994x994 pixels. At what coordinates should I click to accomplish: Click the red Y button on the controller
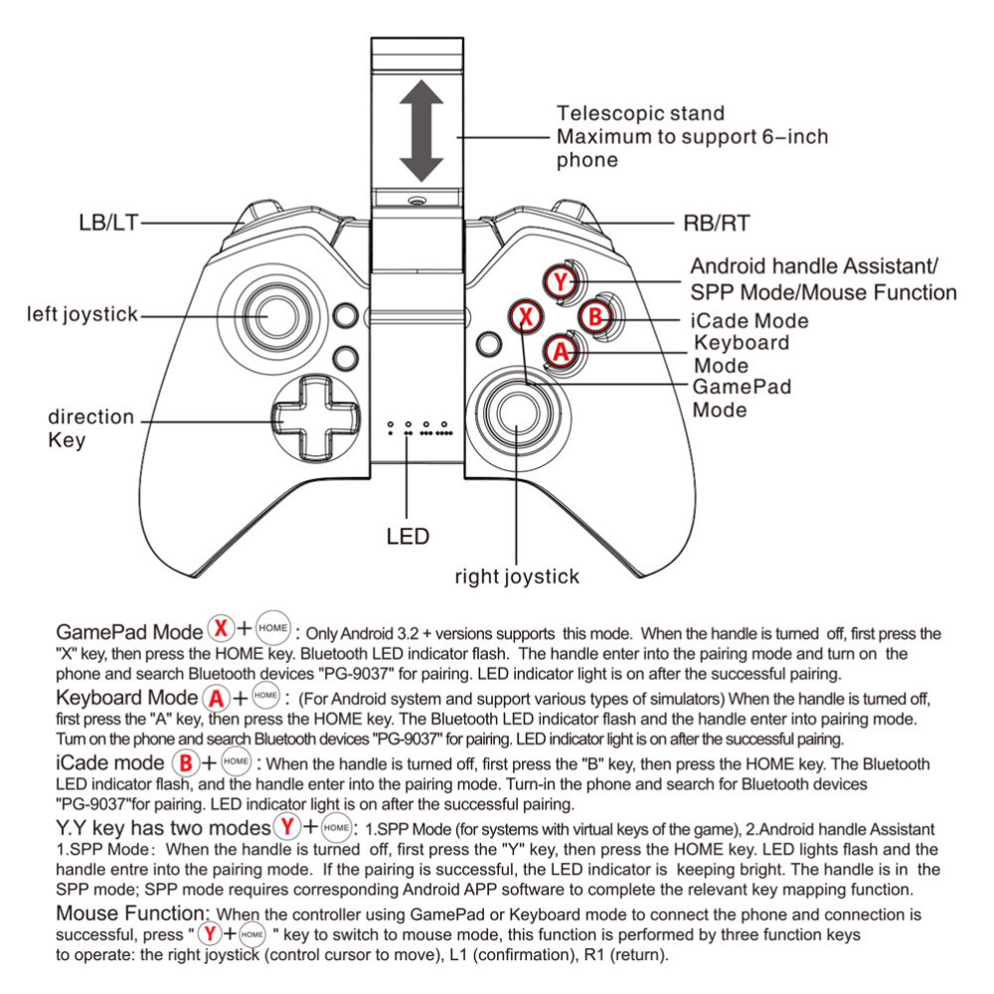(562, 282)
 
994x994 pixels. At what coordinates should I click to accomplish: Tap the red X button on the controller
(526, 317)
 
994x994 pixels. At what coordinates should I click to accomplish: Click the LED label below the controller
(408, 537)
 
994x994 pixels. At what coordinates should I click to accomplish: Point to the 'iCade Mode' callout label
(749, 321)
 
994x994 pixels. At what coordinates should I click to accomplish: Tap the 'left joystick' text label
(83, 315)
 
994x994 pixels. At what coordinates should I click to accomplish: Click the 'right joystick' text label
(516, 576)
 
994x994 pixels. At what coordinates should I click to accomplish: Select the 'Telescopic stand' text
(640, 113)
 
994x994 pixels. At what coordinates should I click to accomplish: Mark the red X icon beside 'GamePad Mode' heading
(220, 628)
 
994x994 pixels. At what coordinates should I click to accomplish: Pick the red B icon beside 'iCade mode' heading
(185, 763)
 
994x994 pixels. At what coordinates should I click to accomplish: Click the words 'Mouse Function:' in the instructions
(133, 912)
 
